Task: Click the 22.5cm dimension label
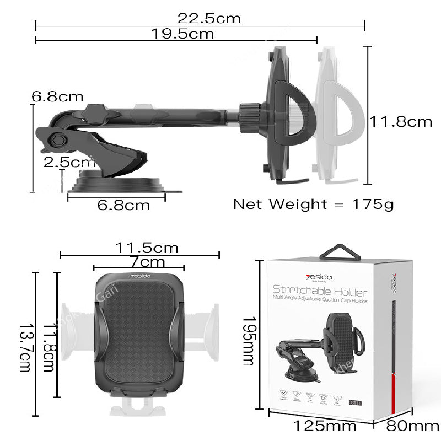[x=209, y=18]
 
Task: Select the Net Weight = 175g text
[x=313, y=204]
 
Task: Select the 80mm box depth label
[x=412, y=426]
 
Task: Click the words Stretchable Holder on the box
[x=320, y=290]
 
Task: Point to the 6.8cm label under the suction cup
[x=123, y=206]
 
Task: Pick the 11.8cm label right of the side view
[x=401, y=121]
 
